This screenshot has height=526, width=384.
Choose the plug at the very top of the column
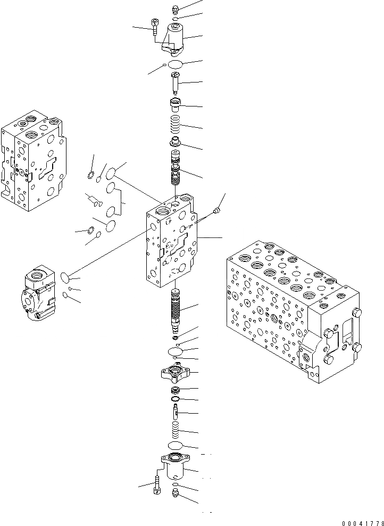click(176, 9)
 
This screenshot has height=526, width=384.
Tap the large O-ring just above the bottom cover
click(176, 445)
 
